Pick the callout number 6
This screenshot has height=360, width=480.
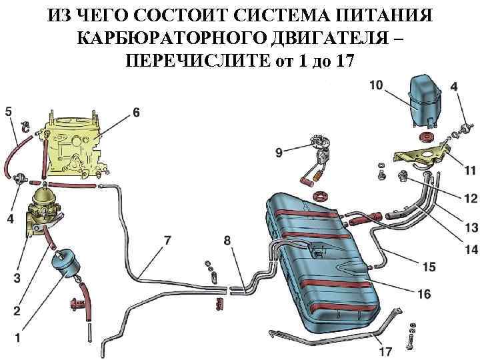click(x=136, y=113)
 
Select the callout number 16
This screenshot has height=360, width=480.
click(x=423, y=293)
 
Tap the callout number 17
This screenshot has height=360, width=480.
click(x=385, y=351)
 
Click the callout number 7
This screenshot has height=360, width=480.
click(x=168, y=240)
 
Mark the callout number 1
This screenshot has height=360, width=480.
click(x=17, y=338)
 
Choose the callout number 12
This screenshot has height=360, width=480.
click(x=453, y=198)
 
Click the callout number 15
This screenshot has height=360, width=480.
click(x=429, y=267)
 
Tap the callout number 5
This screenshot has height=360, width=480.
click(x=8, y=111)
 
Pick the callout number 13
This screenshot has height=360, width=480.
click(x=453, y=228)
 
